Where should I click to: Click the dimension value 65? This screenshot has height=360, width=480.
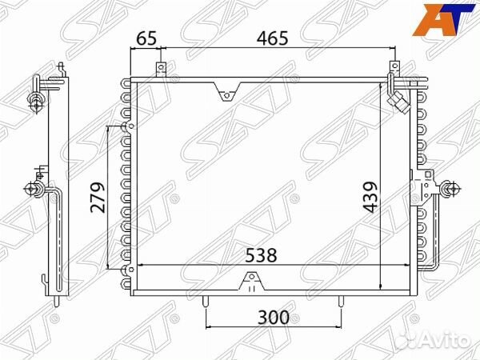point(146,37)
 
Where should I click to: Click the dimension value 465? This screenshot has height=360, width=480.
point(274,37)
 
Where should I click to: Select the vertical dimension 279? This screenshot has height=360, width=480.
point(98,197)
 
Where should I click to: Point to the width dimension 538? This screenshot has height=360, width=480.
point(261,256)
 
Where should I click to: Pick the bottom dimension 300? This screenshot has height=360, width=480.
point(274,317)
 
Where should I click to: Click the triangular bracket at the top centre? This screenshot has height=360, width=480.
point(226,95)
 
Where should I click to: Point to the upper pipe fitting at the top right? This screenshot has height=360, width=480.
point(394,80)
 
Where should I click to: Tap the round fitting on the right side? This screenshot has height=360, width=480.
point(447,190)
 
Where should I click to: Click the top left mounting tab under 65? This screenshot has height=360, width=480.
point(160,69)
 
